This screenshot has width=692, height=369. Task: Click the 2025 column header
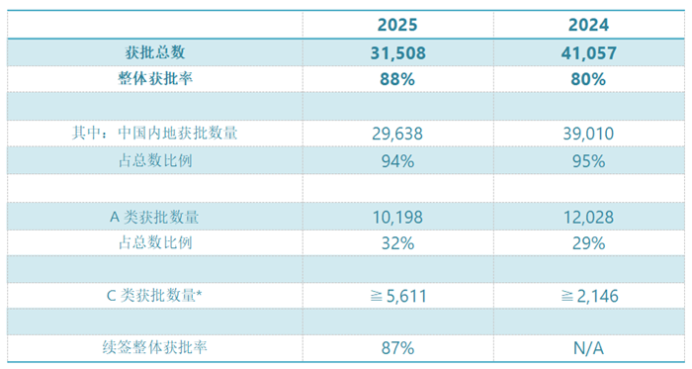[x=396, y=26]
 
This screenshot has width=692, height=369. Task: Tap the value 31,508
[x=396, y=53]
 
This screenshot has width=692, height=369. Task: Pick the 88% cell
[x=396, y=79]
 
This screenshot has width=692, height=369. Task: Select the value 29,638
[x=396, y=133]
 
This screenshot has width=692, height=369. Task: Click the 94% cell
[x=396, y=160]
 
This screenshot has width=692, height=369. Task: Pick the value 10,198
[x=396, y=214]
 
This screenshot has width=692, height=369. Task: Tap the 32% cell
[x=396, y=240]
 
